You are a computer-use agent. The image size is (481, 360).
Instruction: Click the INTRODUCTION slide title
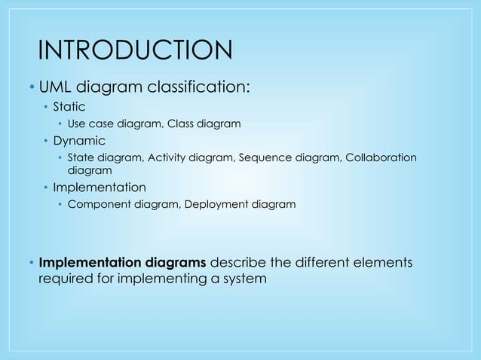click(135, 51)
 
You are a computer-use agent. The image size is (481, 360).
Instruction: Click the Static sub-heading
click(69, 108)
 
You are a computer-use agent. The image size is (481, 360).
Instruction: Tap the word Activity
click(169, 157)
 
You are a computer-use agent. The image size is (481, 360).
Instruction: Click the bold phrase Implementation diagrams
click(122, 264)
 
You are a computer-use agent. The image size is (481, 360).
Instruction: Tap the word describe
click(238, 264)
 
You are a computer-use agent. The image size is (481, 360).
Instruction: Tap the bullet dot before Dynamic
click(45, 141)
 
